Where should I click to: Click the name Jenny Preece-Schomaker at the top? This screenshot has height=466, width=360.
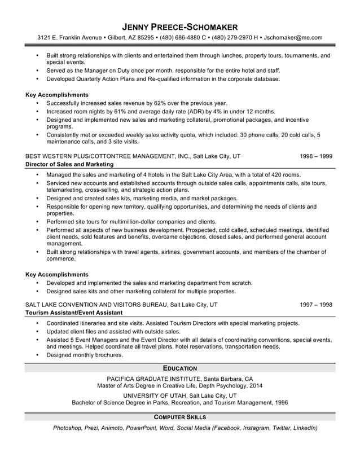pos(180,27)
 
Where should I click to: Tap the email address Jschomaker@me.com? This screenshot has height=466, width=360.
pos(293,38)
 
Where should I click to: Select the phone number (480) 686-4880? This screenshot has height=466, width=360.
pos(177,38)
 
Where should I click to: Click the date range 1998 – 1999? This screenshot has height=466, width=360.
pos(316,156)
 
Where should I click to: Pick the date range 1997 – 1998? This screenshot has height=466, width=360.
pos(316,305)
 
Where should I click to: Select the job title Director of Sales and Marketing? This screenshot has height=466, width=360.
pos(69,164)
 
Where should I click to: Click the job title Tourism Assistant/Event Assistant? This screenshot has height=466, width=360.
pos(74,313)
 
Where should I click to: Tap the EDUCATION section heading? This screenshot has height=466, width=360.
pos(180,368)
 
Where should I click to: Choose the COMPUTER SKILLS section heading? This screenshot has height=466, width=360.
pos(180,417)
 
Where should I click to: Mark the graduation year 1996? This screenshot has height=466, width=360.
pos(281,403)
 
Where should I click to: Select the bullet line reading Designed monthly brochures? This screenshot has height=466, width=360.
pos(85,355)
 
